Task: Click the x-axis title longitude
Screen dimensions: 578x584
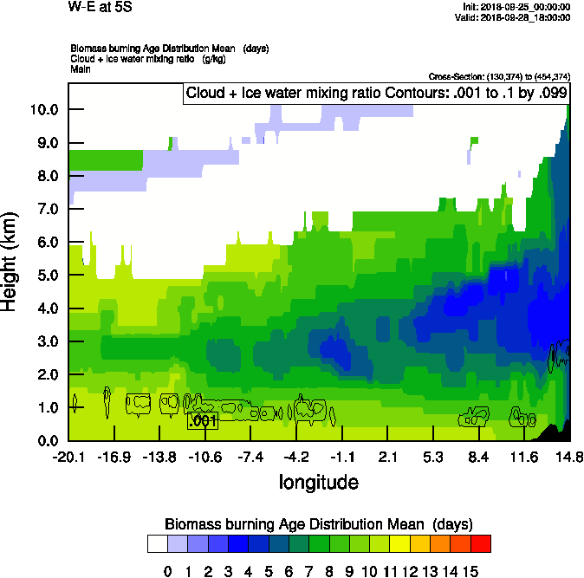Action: pos(318,482)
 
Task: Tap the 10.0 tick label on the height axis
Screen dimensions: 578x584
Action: pos(42,109)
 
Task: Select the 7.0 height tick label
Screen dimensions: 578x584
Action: pos(46,209)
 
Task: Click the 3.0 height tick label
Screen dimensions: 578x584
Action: pos(46,341)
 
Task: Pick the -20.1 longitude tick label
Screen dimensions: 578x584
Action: pos(68,456)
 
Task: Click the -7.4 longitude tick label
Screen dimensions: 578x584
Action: pos(250,456)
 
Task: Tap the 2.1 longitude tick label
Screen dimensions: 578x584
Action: pos(387,456)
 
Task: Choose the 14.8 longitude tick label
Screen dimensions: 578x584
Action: pos(568,456)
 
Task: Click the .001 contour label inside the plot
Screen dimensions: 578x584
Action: pos(203,421)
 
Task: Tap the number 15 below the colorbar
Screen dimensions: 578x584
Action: pos(471,570)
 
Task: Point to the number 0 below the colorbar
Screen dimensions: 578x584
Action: pos(167,570)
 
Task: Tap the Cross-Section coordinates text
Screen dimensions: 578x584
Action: pos(499,76)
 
